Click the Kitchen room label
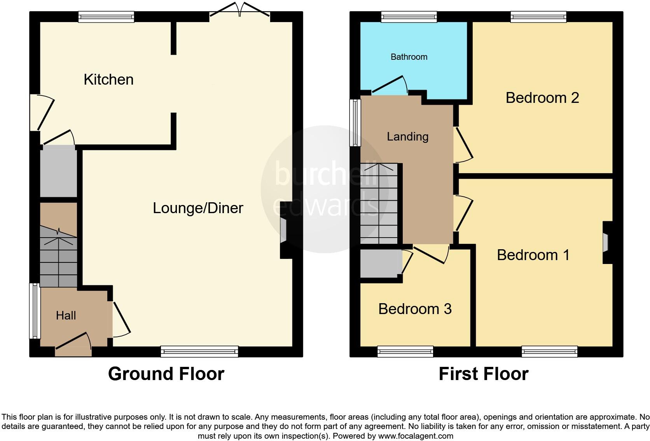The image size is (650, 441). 108,80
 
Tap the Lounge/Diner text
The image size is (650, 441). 197,208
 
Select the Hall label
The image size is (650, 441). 66,316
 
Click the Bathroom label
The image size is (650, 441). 409,57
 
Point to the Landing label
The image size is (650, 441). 407,137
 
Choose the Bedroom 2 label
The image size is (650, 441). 542,98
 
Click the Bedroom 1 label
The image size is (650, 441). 533,255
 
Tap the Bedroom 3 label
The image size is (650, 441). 414,309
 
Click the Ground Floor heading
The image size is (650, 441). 166,374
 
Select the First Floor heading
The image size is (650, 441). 483,374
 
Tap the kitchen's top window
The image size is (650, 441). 106,16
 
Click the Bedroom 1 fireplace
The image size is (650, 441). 606,243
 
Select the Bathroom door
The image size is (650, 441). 390,86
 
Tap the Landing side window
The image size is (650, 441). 355,123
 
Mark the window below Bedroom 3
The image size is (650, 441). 405,352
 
